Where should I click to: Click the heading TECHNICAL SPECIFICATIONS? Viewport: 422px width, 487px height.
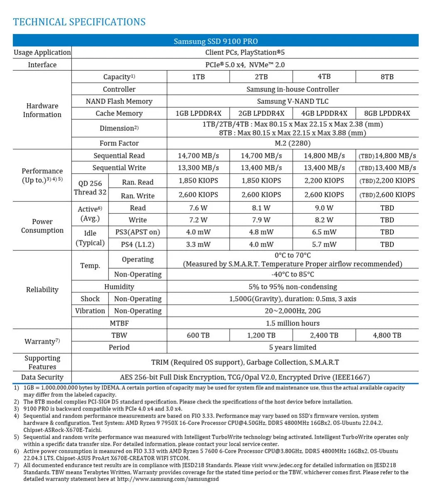[x=79, y=22]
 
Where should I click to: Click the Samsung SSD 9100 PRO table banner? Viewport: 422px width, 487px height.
[x=216, y=41]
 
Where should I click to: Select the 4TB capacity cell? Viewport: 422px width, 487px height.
[x=324, y=77]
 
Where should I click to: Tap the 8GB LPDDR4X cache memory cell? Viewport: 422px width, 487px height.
[x=387, y=113]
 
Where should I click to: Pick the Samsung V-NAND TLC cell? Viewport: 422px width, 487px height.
[x=292, y=101]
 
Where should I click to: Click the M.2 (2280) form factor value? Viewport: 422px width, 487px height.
[x=292, y=143]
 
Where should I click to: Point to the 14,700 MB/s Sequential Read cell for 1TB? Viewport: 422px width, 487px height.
[x=198, y=156]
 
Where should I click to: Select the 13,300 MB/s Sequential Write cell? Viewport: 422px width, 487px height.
[x=198, y=168]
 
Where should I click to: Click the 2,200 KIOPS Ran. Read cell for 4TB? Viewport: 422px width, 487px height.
[x=324, y=181]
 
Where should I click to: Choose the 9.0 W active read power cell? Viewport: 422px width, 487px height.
[x=324, y=208]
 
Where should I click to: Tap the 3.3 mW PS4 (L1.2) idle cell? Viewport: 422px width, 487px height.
[x=198, y=245]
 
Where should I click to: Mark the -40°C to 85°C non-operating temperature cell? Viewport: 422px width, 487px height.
[x=292, y=274]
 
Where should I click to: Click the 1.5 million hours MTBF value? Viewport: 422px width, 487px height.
[x=292, y=323]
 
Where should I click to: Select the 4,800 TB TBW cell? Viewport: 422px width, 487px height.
[x=387, y=335]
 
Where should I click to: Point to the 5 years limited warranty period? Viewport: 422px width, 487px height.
[x=292, y=348]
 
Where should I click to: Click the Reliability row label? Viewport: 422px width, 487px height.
[x=42, y=290]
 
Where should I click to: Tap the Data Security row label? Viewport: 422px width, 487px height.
[x=42, y=377]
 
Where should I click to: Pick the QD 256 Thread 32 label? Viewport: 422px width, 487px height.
[x=90, y=188]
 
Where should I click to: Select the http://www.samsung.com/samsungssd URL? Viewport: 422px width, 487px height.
[x=168, y=479]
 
